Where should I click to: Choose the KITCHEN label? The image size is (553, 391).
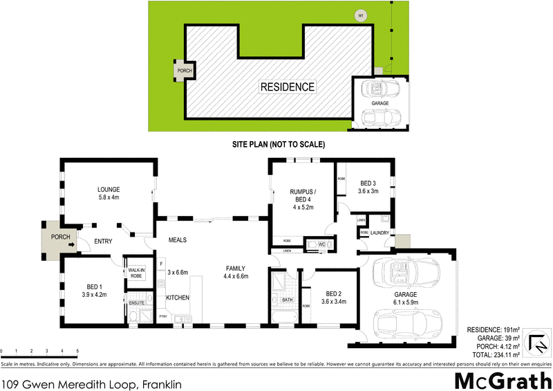click(x=178, y=298)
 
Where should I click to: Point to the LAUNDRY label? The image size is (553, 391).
click(x=380, y=233)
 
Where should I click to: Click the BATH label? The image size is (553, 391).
click(x=288, y=300)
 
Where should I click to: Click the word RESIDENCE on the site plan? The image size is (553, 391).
click(x=287, y=87)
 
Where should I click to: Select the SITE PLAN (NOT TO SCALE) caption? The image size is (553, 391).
click(x=278, y=145)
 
